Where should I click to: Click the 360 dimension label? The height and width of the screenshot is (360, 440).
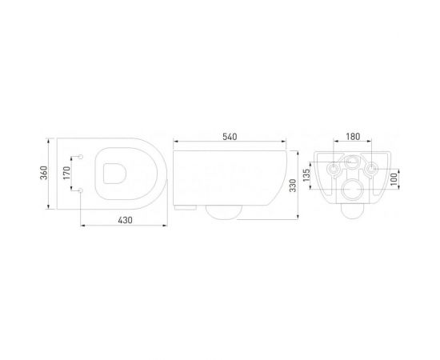tap(46, 173)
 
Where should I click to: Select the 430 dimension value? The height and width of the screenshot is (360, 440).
tap(124, 220)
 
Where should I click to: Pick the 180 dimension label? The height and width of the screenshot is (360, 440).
tap(351, 138)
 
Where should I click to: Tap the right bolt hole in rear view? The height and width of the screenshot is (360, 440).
tap(370, 170)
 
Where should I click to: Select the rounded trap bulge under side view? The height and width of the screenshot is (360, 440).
tap(223, 210)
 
